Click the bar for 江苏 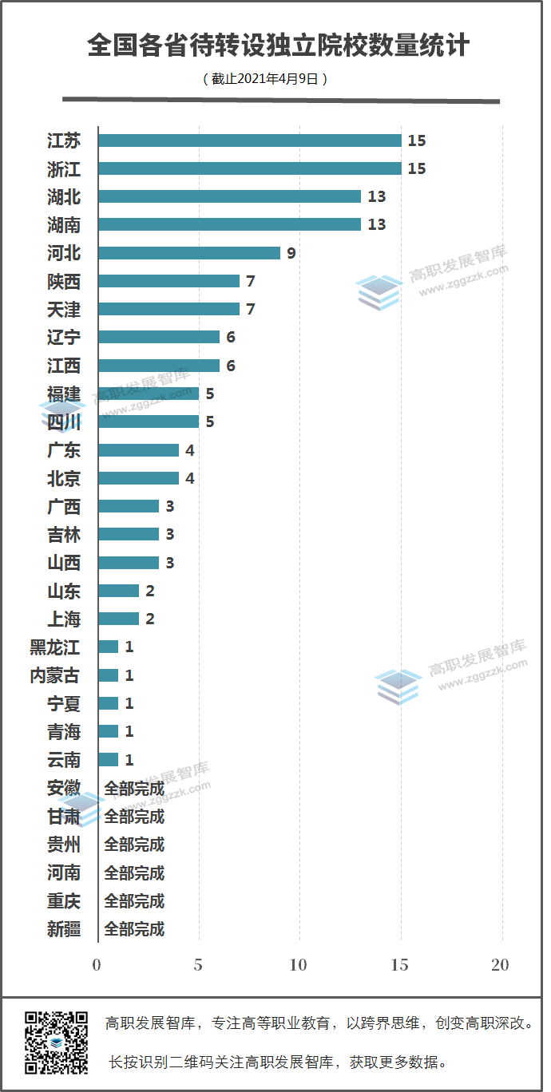coord(249,140)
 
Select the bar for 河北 coord(189,253)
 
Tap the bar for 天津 coord(168,309)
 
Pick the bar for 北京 coord(138,478)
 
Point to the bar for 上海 coord(118,619)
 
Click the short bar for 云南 coord(109,759)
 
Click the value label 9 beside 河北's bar coord(291,253)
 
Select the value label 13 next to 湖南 coord(376,225)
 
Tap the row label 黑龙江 coord(55,647)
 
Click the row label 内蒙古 coord(55,675)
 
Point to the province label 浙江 coord(64,169)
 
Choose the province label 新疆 coord(64,928)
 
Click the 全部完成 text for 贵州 coord(134,844)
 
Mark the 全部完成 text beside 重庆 coord(134,900)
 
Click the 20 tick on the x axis coord(500,965)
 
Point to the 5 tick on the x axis coord(198,965)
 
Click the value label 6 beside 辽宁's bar coord(231,338)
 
